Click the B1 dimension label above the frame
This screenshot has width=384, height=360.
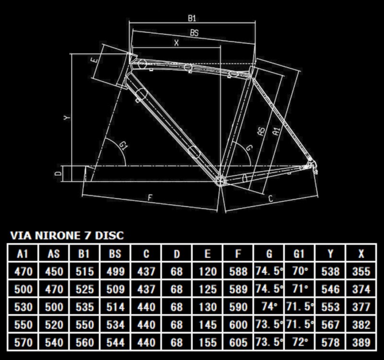click(192, 18)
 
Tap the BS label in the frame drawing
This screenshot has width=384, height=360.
click(194, 33)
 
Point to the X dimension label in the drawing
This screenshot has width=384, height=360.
click(176, 43)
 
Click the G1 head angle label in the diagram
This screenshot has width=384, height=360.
click(124, 146)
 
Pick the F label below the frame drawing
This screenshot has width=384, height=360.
click(150, 197)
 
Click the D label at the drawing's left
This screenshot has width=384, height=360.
click(58, 174)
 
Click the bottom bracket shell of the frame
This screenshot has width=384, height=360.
click(220, 181)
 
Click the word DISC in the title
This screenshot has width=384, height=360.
click(109, 235)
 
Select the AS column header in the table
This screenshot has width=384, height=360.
click(54, 254)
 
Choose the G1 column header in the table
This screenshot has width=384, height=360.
click(299, 254)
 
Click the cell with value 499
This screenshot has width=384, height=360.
click(115, 271)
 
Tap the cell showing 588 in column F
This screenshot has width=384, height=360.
click(238, 271)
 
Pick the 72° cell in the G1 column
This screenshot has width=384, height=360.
click(300, 342)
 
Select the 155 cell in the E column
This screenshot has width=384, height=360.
click(207, 342)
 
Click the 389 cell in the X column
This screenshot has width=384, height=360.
click(361, 342)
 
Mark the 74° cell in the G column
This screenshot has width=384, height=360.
click(269, 306)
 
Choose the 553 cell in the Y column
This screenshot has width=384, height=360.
click(330, 307)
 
